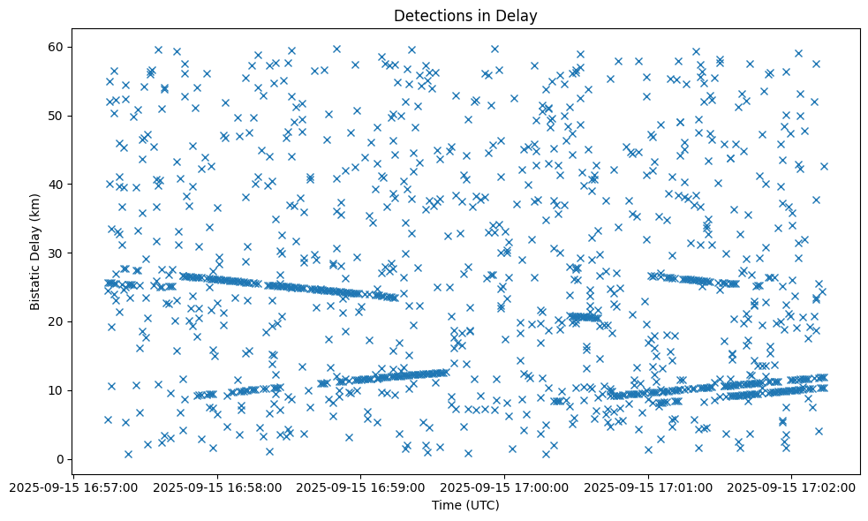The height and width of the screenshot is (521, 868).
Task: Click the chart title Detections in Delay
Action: pos(465,15)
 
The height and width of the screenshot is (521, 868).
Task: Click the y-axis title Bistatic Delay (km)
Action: pos(34,252)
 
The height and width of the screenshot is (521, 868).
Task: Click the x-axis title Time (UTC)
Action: pos(465,505)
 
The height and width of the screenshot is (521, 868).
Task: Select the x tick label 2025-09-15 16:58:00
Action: pos(219,487)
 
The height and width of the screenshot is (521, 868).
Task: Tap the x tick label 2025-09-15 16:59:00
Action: pos(362,487)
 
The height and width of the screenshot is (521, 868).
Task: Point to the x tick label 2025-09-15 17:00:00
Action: pos(505,487)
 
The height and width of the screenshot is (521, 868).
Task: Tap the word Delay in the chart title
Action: pos(518,15)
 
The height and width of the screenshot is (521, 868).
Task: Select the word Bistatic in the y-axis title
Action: pos(34,284)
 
